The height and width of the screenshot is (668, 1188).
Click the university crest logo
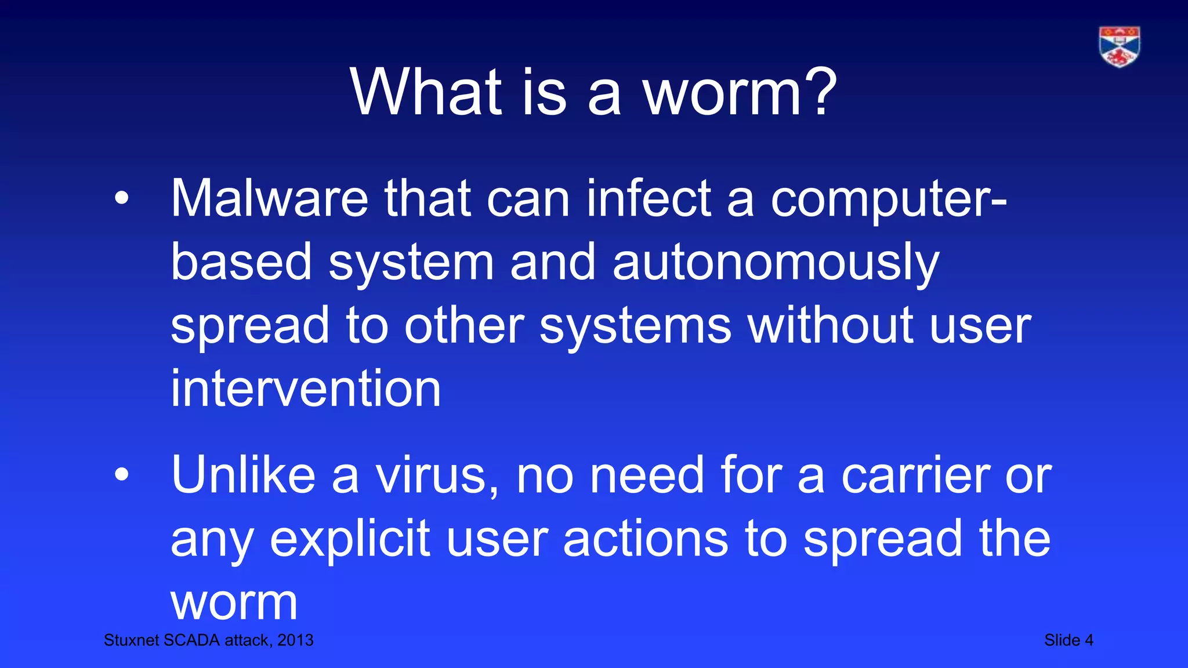(1119, 46)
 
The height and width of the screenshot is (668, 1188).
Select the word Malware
(269, 199)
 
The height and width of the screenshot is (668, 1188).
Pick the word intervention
(306, 389)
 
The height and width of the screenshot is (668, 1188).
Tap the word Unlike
(243, 475)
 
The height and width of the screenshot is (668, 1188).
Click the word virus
(436, 476)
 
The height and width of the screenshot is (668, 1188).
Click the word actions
(645, 539)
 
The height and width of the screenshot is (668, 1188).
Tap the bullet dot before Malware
(121, 199)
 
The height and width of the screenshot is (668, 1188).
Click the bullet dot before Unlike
(121, 475)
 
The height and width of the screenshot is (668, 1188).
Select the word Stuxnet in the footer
(131, 640)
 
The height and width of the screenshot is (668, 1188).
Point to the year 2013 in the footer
(295, 640)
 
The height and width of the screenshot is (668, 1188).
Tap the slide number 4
(1089, 640)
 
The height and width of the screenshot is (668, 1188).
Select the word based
(241, 263)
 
